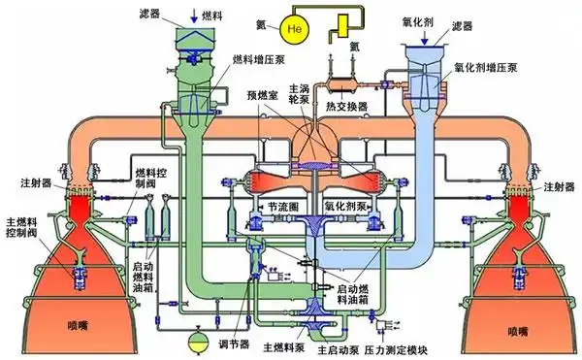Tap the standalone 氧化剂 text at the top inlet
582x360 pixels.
pyautogui.click(x=428, y=18)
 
